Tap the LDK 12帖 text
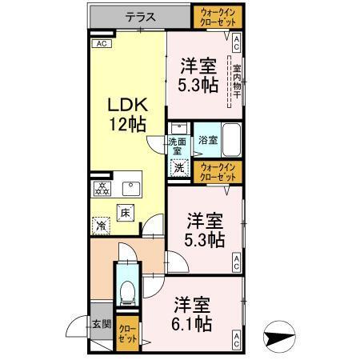(x=126, y=114)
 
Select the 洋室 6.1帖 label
(x=192, y=314)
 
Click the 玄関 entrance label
(x=101, y=324)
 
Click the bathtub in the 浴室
(x=232, y=141)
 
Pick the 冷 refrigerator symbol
(x=102, y=226)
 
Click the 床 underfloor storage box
(x=126, y=212)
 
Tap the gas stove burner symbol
(x=102, y=189)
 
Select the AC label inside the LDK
(x=101, y=44)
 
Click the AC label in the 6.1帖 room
(x=237, y=343)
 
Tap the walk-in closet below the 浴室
(x=218, y=171)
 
